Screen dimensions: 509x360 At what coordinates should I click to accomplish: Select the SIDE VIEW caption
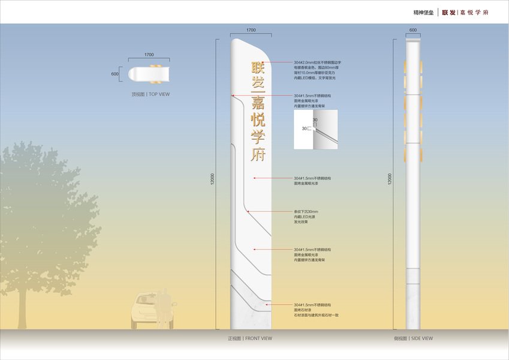(413, 338)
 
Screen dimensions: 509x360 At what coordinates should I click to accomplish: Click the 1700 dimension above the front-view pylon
(251, 30)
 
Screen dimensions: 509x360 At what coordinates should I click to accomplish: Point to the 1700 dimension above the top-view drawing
(149, 55)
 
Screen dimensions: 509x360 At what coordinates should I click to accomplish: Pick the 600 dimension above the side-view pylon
(412, 30)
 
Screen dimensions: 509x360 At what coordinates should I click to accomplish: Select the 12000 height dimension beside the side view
(390, 179)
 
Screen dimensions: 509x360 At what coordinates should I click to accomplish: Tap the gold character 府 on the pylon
(257, 154)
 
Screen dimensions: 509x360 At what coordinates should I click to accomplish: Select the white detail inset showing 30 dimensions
(315, 129)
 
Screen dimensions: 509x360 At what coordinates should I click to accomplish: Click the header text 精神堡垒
(424, 12)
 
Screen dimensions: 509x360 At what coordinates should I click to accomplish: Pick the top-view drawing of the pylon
(149, 74)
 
